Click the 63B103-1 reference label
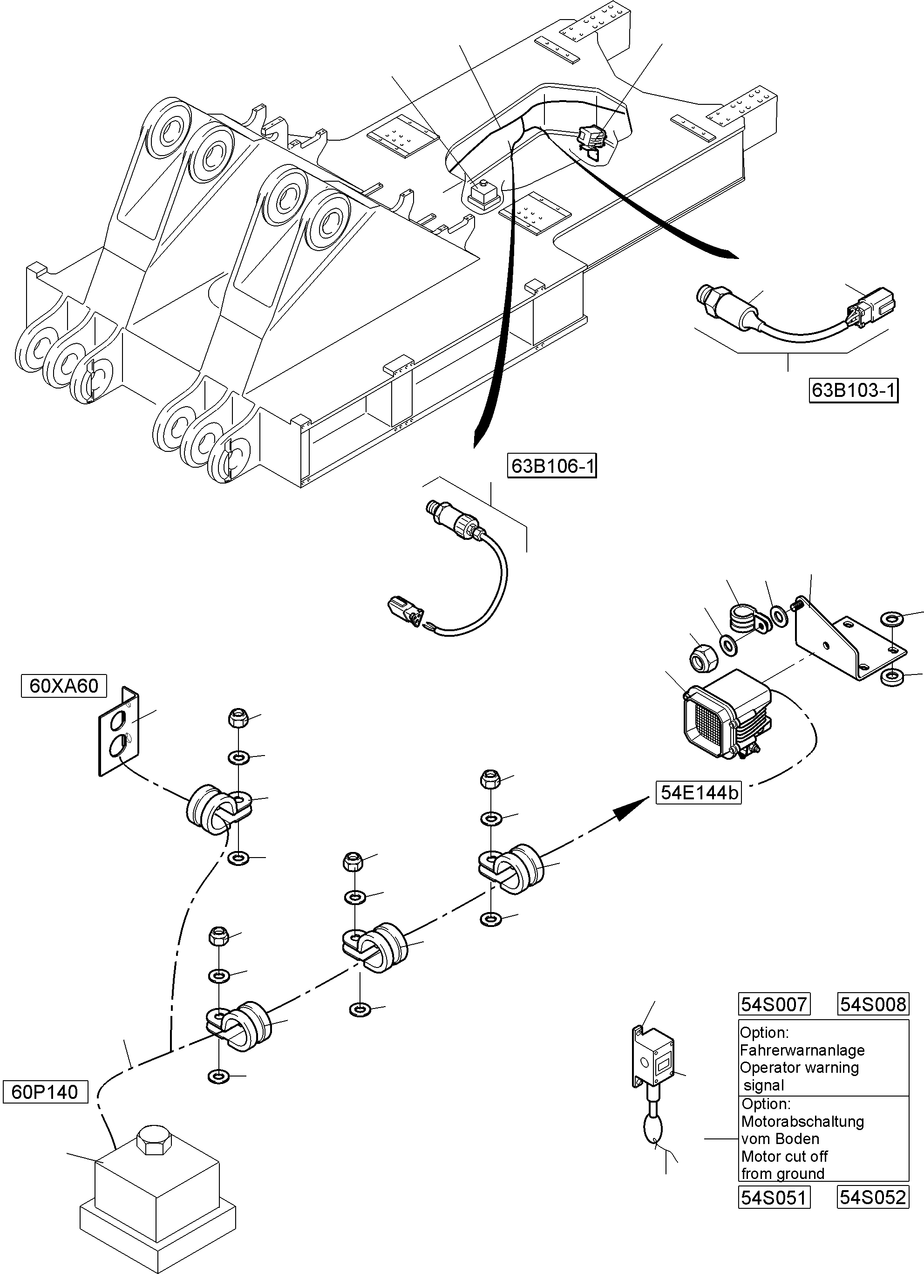(x=853, y=390)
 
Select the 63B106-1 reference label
(x=551, y=466)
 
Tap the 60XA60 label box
(x=63, y=686)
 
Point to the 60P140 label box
(x=45, y=1092)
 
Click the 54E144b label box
(x=698, y=793)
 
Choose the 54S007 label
(x=774, y=1004)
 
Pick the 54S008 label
(x=873, y=1004)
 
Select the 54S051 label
(x=774, y=1198)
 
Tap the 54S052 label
(x=872, y=1198)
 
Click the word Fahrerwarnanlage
(x=802, y=1050)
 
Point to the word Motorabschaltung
(x=802, y=1121)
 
